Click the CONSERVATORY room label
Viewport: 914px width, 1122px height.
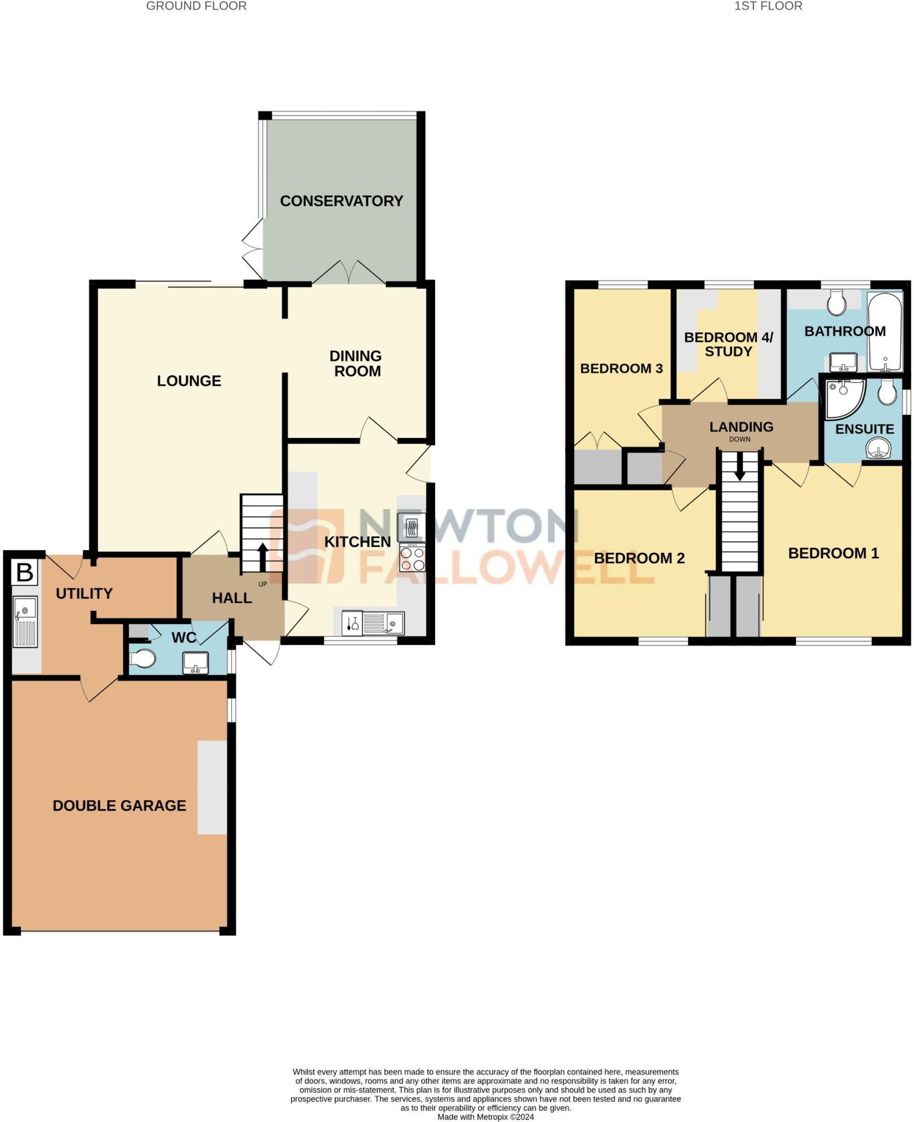tap(341, 201)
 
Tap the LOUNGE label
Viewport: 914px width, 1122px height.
tap(189, 381)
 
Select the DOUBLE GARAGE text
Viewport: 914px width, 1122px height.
tap(119, 805)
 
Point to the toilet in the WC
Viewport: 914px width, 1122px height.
tap(142, 659)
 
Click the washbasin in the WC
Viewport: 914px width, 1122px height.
tap(195, 662)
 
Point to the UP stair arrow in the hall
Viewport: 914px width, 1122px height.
tap(262, 558)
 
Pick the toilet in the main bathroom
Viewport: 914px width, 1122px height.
tap(836, 302)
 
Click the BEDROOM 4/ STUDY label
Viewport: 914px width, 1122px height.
tap(728, 344)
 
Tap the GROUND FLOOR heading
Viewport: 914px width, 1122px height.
tap(196, 6)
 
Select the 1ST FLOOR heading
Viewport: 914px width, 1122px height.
tap(768, 6)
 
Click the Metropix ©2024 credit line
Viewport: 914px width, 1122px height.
tap(485, 1117)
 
